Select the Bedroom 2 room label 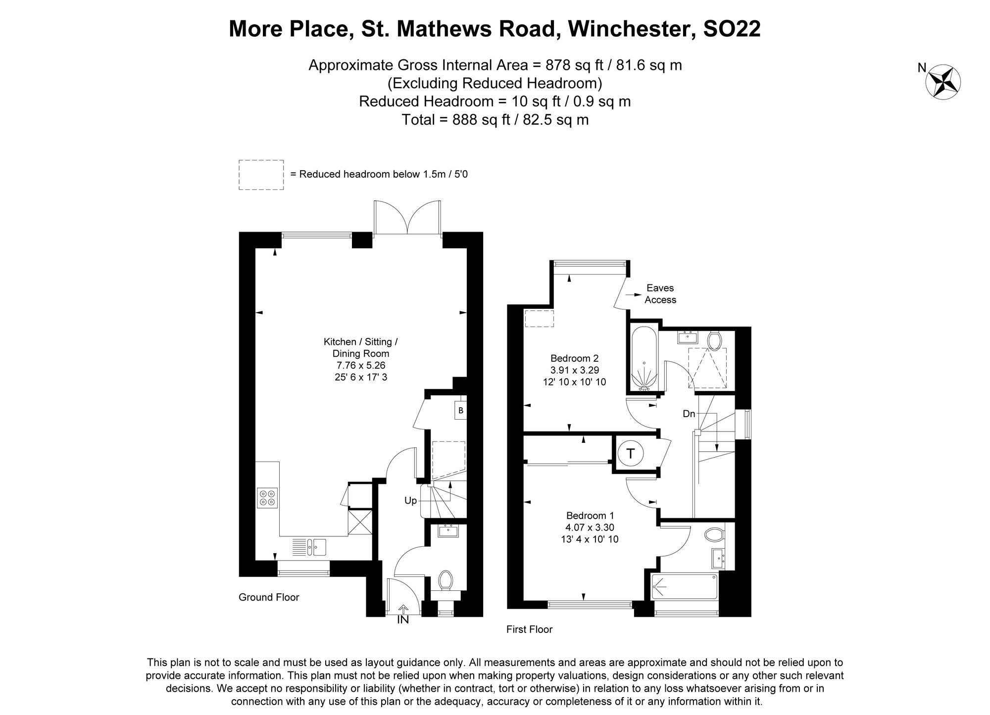point(574,358)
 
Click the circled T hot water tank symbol point(630,454)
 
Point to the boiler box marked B point(461,410)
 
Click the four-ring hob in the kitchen point(267,497)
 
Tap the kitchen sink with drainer point(309,546)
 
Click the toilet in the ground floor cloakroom point(445,579)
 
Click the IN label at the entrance point(403,619)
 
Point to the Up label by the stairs point(410,501)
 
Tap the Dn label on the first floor point(689,414)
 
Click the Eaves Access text point(660,294)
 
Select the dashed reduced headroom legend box point(261,175)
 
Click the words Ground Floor point(269,597)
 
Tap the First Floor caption point(529,629)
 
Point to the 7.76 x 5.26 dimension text point(360,366)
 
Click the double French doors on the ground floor point(407,218)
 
